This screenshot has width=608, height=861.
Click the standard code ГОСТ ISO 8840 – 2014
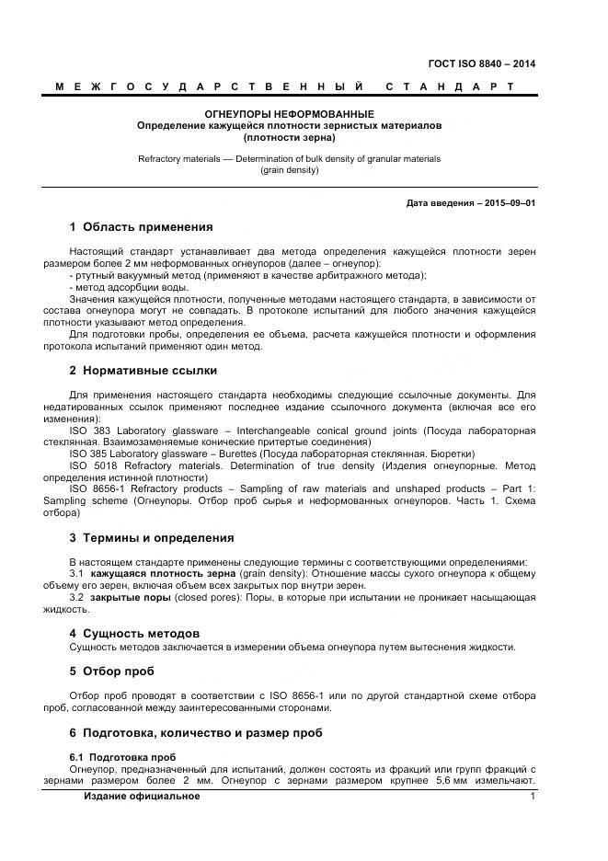click(x=481, y=63)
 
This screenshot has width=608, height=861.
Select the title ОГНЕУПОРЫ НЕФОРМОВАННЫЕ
click(x=289, y=112)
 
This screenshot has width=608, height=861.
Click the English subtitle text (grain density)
click(x=289, y=170)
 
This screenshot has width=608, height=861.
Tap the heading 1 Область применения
click(x=141, y=227)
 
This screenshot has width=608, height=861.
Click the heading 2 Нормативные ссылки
click(x=143, y=371)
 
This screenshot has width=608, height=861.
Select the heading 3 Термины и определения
click(x=152, y=538)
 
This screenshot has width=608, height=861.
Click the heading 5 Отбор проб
click(x=111, y=671)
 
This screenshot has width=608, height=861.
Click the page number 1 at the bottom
click(x=533, y=796)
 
